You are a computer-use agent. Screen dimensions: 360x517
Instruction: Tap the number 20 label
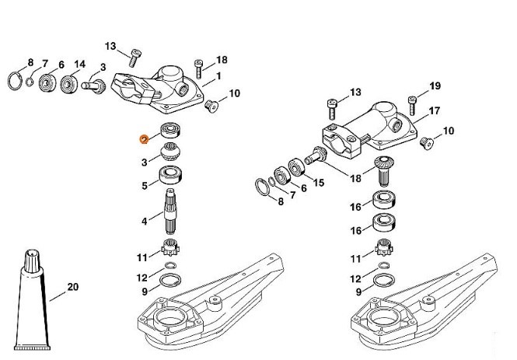click(73, 287)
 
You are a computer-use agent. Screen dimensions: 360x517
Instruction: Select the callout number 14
click(80, 63)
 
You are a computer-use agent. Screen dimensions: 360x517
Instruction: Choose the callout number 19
click(435, 85)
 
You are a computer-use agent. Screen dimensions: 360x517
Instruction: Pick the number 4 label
click(144, 222)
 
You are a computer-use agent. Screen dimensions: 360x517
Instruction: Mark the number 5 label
click(144, 186)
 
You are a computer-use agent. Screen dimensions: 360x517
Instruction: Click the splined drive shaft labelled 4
click(172, 213)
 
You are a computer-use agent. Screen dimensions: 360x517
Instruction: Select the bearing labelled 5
click(171, 176)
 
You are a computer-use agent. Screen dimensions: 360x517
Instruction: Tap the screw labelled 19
click(413, 99)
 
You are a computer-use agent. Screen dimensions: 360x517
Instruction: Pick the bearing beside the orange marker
click(171, 130)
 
